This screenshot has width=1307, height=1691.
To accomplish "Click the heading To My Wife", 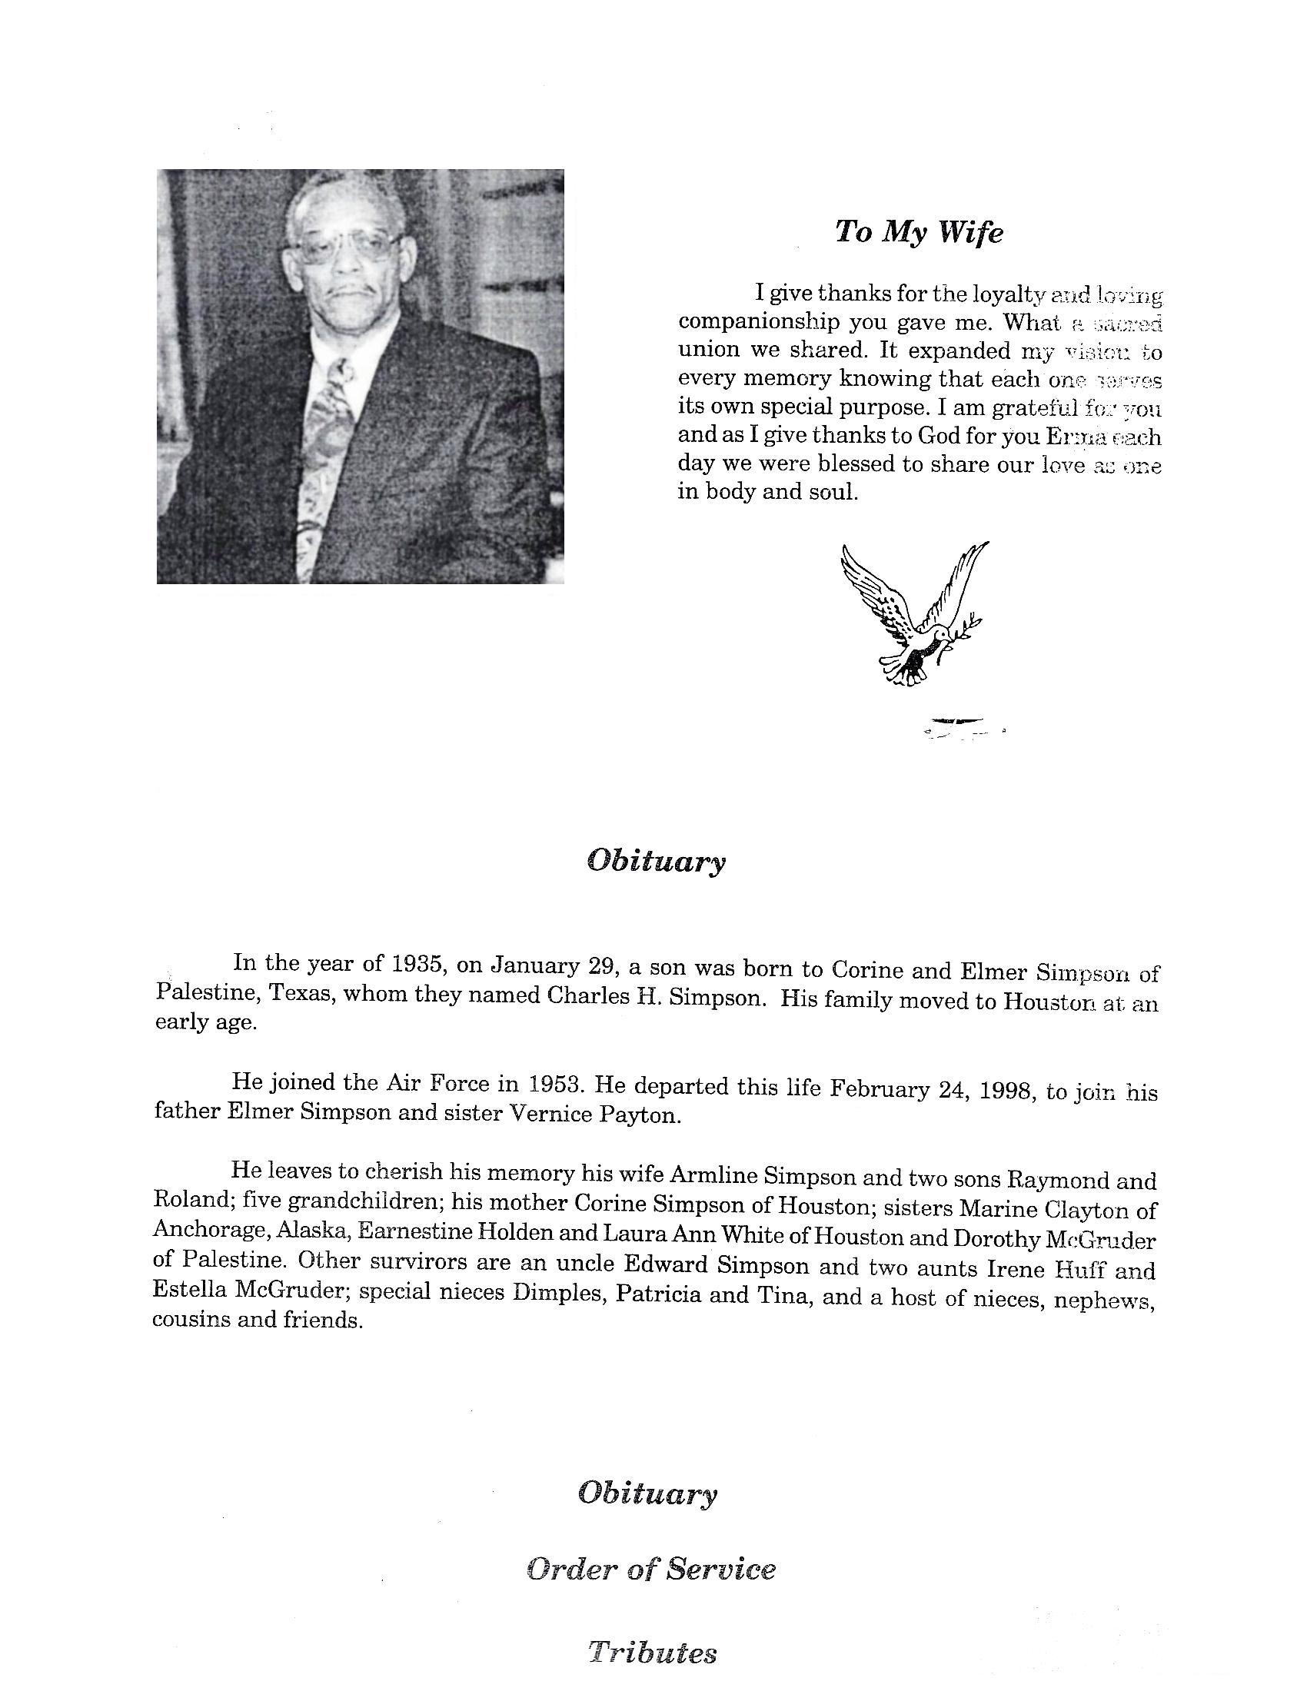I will pos(918,231).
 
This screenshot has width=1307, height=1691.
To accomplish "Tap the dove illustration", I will pos(913,612).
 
